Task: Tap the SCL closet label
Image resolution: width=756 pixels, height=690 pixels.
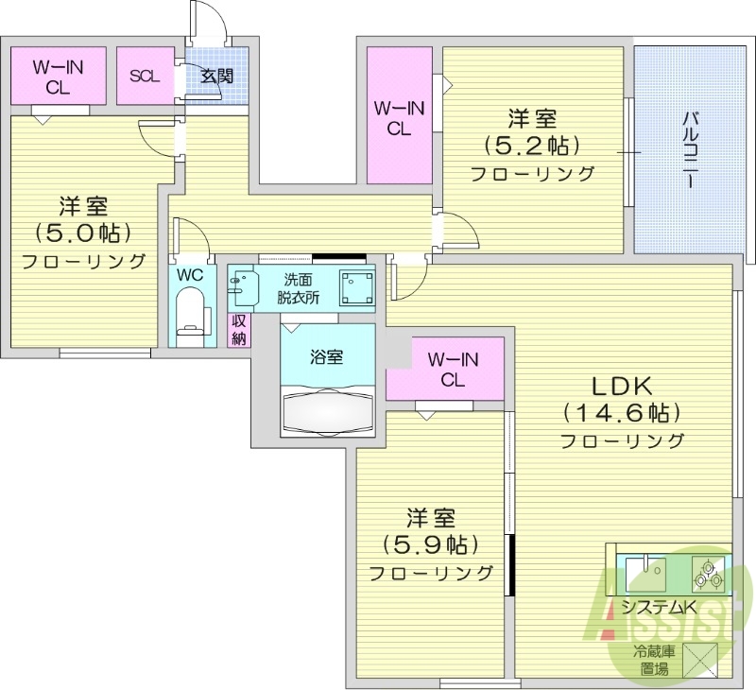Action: point(145,77)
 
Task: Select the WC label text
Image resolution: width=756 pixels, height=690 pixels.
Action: point(190,275)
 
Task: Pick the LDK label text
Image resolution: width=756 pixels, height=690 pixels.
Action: point(623,386)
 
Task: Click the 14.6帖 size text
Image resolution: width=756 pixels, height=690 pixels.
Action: point(622,413)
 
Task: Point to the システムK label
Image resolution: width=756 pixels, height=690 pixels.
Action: point(659,608)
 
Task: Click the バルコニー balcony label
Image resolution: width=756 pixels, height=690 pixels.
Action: point(690,150)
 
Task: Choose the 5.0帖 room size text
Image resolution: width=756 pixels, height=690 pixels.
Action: point(82,232)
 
